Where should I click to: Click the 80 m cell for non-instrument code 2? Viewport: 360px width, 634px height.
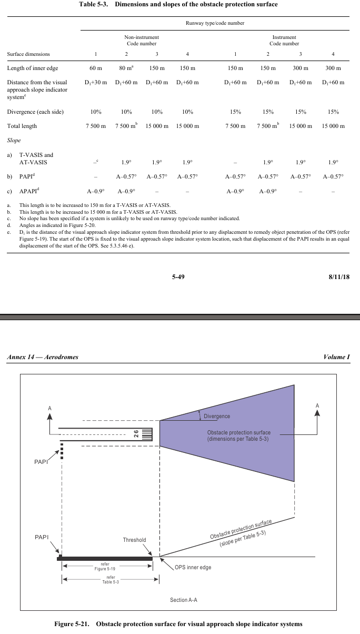coord(126,68)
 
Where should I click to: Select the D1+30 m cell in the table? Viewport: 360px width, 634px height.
coord(95,82)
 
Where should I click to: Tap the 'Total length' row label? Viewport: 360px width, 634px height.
coord(22,126)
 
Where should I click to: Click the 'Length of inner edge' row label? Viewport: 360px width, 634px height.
coord(33,68)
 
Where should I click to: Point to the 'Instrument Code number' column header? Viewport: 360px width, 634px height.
coord(284,41)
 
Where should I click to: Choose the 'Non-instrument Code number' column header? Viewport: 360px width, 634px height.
coord(142,41)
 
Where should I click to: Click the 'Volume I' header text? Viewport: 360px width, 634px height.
coord(337,357)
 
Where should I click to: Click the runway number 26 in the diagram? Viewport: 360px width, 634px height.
coord(136,434)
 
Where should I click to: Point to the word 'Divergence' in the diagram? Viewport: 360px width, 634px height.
coord(217,416)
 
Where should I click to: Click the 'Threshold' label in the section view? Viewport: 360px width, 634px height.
coord(134,540)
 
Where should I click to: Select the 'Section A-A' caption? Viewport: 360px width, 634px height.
coord(184,600)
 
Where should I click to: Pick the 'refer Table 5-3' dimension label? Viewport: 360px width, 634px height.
coord(107,580)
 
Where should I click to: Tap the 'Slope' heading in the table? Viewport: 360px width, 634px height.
coord(14,141)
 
